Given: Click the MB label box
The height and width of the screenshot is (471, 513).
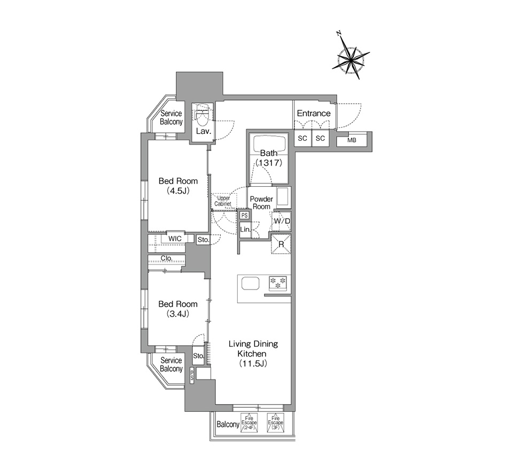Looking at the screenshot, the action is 352,140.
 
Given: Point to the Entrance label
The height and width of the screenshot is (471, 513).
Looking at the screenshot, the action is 314,113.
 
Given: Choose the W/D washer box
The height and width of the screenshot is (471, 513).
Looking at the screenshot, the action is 282,221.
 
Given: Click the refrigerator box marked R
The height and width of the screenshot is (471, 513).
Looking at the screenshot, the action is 281,244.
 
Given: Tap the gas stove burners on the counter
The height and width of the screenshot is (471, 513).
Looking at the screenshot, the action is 278,283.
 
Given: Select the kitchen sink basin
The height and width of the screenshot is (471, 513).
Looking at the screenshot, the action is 250,283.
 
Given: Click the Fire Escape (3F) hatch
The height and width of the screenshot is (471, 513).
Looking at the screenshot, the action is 276,422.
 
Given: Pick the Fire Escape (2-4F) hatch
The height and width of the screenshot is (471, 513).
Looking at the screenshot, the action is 249,422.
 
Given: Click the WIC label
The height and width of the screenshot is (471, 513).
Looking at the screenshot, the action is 175,239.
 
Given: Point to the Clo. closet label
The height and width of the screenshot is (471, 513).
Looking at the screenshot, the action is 167,259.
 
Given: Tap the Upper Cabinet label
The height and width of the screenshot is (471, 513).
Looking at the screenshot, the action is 223,201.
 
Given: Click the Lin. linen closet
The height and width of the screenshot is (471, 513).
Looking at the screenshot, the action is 245,230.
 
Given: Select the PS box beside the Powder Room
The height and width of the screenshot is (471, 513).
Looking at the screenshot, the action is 244,215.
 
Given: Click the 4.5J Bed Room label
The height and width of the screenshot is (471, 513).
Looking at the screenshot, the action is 178,186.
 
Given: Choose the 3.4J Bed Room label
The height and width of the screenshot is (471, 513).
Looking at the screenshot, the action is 178,309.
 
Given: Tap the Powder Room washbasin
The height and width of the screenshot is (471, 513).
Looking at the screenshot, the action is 283,197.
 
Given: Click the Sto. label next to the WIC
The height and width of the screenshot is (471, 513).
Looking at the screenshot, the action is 203,240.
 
